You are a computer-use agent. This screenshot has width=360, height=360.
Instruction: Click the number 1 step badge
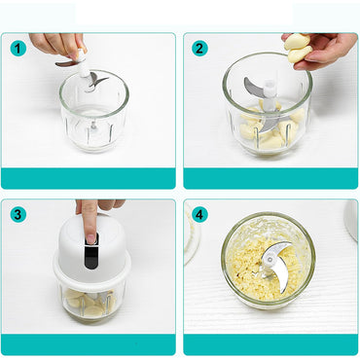click(x=18, y=49)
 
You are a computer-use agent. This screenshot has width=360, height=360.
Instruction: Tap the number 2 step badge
click(x=200, y=49)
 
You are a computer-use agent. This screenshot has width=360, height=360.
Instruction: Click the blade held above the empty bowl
click(x=86, y=78)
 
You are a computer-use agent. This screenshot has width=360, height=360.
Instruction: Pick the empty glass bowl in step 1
click(x=92, y=117)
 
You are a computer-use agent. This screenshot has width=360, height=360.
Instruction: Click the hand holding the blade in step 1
click(x=54, y=44)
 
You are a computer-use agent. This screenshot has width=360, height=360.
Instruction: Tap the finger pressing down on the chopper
click(x=90, y=216)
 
